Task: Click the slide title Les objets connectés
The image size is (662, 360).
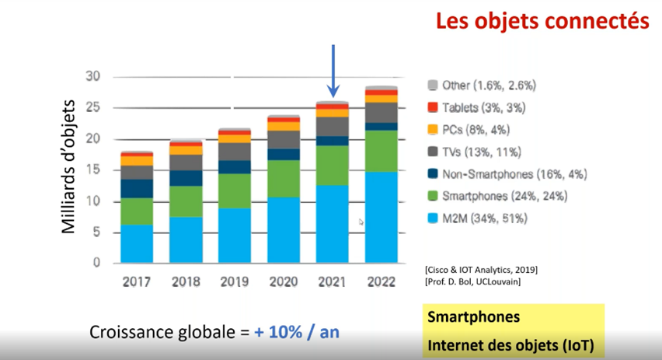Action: tap(542, 21)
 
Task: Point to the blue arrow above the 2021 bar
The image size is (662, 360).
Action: tap(333, 71)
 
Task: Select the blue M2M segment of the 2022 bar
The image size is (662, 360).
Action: tap(382, 217)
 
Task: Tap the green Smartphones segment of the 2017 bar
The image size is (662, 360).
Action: tap(137, 211)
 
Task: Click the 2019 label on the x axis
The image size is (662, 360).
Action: tap(235, 281)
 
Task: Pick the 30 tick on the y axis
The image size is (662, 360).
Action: tap(94, 76)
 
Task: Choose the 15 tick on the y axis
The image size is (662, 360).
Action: tap(94, 170)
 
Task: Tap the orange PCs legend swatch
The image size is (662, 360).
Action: tap(432, 130)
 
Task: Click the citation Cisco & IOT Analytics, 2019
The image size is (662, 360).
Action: tap(481, 269)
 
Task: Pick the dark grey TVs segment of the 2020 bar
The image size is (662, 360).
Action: tap(284, 139)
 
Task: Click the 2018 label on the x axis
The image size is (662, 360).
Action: tap(186, 281)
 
